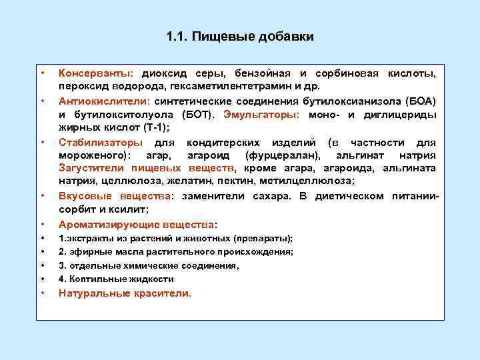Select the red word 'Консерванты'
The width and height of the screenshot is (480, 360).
(x=95, y=73)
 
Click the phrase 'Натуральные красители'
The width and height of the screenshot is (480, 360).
(x=124, y=293)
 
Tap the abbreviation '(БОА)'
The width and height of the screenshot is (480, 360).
(x=421, y=101)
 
